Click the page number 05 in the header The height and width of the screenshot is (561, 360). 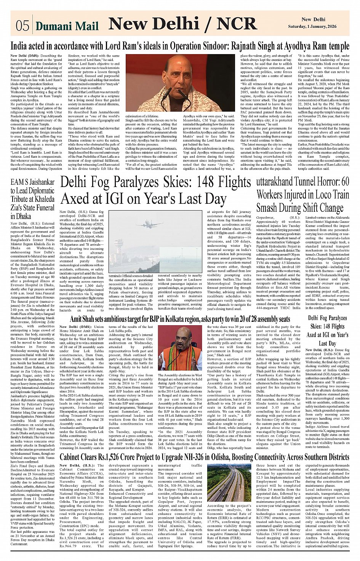click(x=22, y=26)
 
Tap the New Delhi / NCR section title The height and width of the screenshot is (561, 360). click(x=182, y=24)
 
